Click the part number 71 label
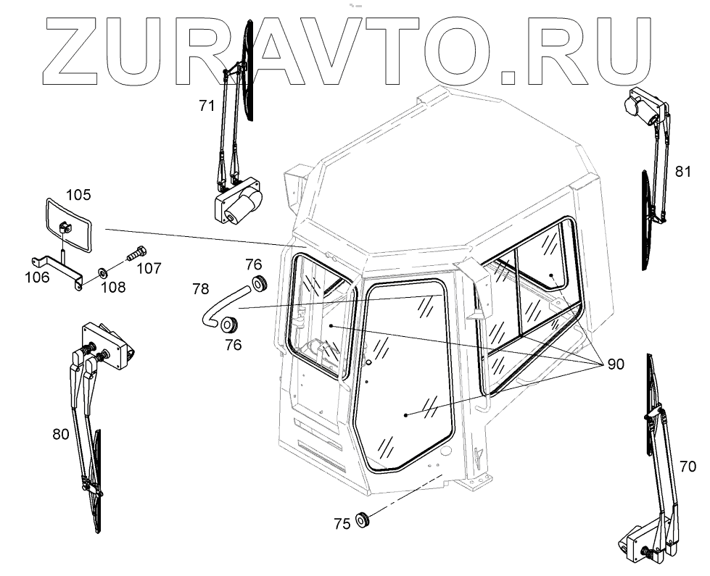click(x=207, y=106)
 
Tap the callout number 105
click(x=78, y=194)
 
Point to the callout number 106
click(x=39, y=277)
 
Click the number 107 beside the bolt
click(x=149, y=267)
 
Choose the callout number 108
click(x=113, y=287)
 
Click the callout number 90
click(x=615, y=364)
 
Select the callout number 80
click(x=61, y=434)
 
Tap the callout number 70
click(x=688, y=465)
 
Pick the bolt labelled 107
click(x=136, y=255)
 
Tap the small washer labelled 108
click(x=103, y=272)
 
